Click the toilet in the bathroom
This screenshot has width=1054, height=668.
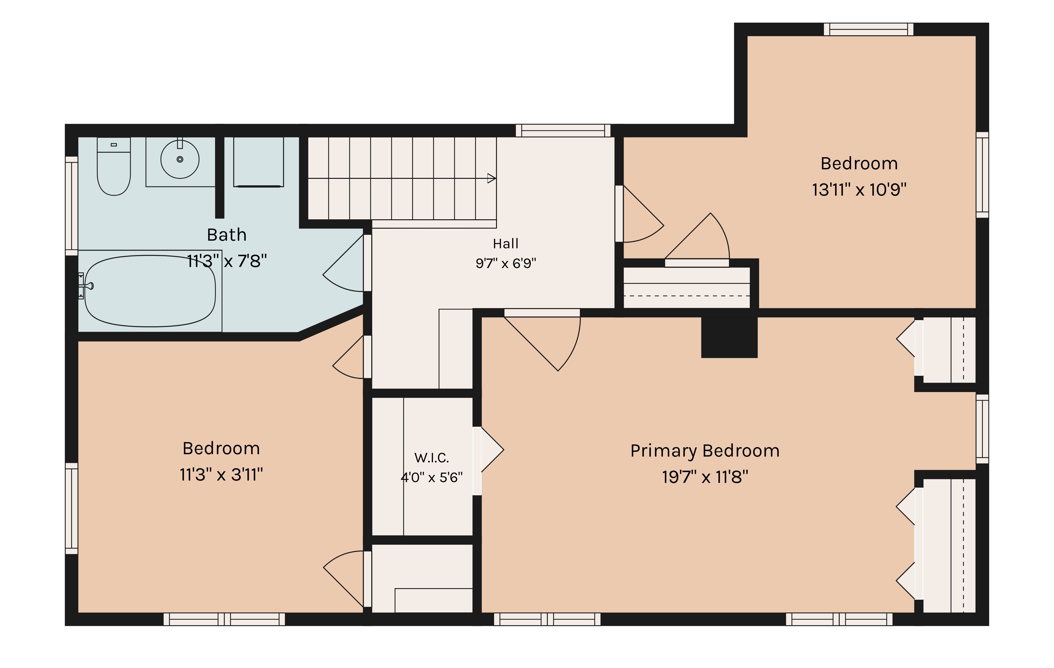point(114,166)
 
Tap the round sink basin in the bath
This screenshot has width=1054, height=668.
point(180,159)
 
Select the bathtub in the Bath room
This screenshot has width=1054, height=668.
point(150,291)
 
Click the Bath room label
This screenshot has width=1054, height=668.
point(227,235)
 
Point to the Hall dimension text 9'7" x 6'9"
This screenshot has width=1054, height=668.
point(506,263)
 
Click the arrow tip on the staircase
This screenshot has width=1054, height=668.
point(495,179)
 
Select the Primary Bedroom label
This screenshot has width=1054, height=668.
point(705,451)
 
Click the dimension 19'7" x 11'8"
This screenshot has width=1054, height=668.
point(705,477)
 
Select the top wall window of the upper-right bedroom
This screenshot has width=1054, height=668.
point(868,29)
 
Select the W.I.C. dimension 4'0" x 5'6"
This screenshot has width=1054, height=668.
point(432,477)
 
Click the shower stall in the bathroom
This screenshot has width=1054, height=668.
point(258,162)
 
